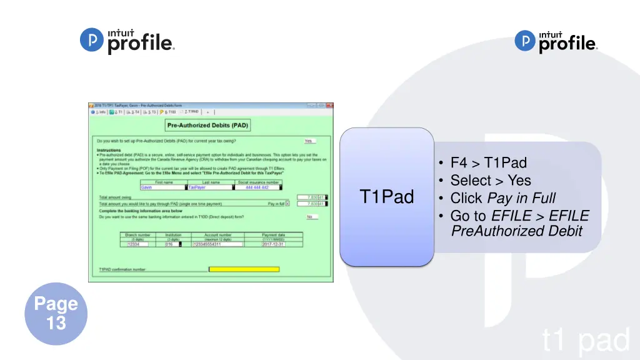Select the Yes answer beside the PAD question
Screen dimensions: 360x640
tap(307, 141)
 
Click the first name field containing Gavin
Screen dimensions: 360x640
tap(162, 187)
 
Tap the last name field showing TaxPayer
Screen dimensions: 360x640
tap(210, 187)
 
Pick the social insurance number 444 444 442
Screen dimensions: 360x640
tap(257, 187)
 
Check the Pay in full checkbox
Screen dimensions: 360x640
tap(287, 204)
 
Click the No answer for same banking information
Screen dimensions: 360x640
tap(309, 217)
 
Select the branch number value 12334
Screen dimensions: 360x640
tap(141, 244)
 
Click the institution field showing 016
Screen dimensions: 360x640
tap(171, 244)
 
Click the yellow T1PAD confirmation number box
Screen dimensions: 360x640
tap(244, 269)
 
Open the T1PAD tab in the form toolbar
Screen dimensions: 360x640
tap(190, 112)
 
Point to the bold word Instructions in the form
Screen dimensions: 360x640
tap(109, 151)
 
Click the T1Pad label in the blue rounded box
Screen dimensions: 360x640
tap(387, 197)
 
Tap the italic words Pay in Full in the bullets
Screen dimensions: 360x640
tap(521, 199)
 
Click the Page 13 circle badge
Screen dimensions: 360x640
tap(56, 314)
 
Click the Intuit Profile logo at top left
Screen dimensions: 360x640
tap(127, 42)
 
